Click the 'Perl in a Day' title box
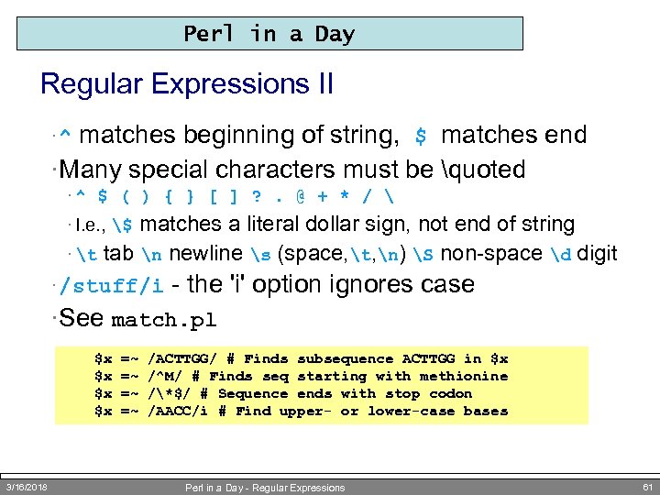point(269,34)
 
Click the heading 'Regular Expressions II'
point(187,84)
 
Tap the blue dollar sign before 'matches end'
point(421,137)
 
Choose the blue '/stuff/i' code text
point(111,285)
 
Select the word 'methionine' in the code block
point(463,376)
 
